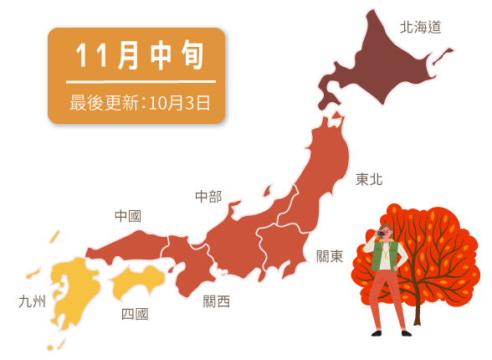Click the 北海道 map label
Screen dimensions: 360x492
(x=420, y=27)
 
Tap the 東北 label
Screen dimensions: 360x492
(x=368, y=179)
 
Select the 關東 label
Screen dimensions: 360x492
(x=330, y=256)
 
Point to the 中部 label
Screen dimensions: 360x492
(x=208, y=197)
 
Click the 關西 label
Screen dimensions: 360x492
(x=216, y=301)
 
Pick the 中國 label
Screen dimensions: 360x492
(x=127, y=216)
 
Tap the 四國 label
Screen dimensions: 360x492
(x=135, y=314)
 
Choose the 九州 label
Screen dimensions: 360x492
(x=32, y=301)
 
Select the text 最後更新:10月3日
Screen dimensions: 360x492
(x=140, y=103)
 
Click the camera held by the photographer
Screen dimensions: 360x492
(x=382, y=233)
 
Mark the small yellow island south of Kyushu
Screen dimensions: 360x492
(x=50, y=347)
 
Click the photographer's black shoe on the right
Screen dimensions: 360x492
(x=406, y=333)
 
